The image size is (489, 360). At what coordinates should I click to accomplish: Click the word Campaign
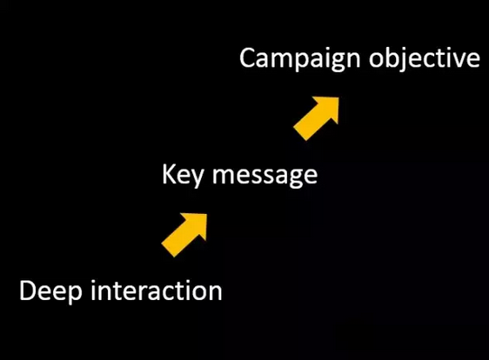[300, 59]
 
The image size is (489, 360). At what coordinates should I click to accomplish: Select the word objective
[425, 59]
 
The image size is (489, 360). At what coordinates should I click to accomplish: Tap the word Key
[183, 176]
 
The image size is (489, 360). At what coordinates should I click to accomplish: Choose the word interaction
[157, 290]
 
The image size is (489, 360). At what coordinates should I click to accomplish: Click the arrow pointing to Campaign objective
[316, 119]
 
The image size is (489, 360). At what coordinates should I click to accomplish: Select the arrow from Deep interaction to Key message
[184, 236]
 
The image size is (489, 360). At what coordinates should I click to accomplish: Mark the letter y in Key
[196, 179]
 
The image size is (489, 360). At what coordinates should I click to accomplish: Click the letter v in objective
[457, 61]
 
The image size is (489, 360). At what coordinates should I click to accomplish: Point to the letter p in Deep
[75, 296]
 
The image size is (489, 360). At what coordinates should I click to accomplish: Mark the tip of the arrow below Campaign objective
[338, 97]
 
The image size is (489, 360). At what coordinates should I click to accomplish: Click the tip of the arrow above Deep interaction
[207, 214]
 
